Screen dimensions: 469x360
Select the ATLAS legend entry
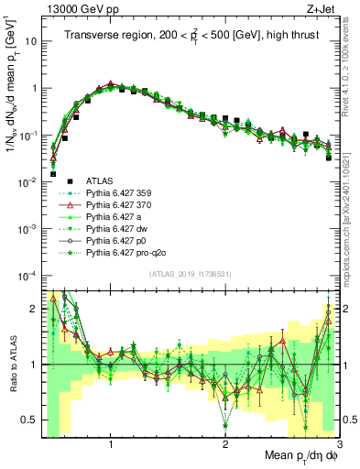(x=100, y=181)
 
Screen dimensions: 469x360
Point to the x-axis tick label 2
(x=225, y=444)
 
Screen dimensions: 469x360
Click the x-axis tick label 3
(x=339, y=444)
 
